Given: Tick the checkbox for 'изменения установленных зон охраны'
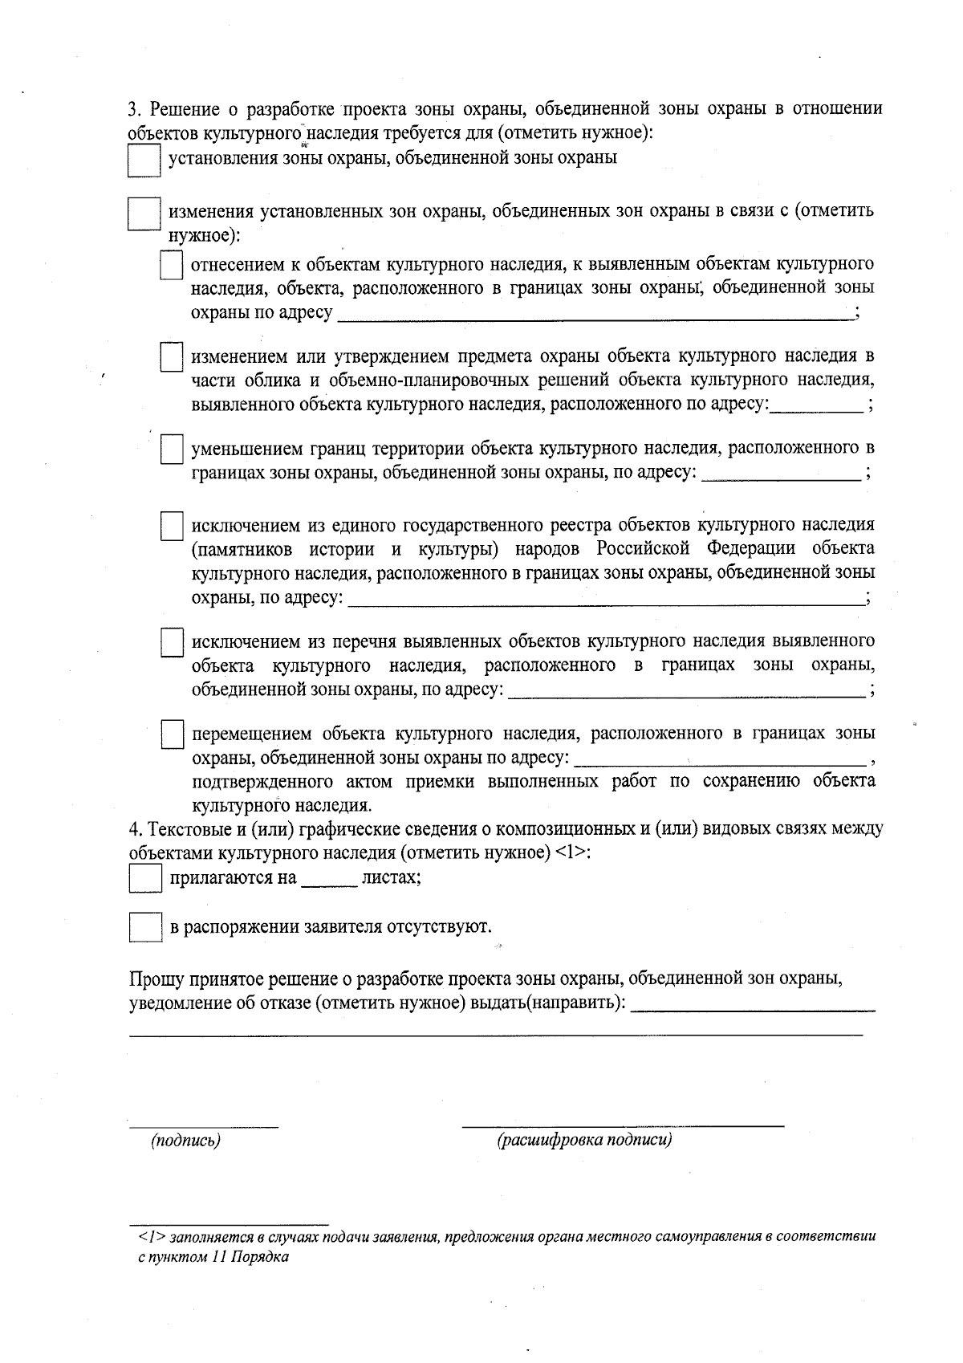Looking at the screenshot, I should tap(144, 214).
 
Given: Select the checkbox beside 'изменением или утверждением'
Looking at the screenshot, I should tap(171, 357).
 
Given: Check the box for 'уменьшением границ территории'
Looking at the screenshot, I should tap(171, 450).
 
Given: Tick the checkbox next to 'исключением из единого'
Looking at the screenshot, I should tap(171, 527).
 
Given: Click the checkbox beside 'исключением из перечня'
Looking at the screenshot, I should tap(171, 643).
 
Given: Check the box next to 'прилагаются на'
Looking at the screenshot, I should tap(145, 878).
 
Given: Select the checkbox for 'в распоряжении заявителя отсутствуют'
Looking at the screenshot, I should tap(145, 928).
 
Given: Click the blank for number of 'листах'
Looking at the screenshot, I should tap(329, 880).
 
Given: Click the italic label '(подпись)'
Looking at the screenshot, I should tap(186, 1141).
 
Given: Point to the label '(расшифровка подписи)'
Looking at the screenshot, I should tap(584, 1141).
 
